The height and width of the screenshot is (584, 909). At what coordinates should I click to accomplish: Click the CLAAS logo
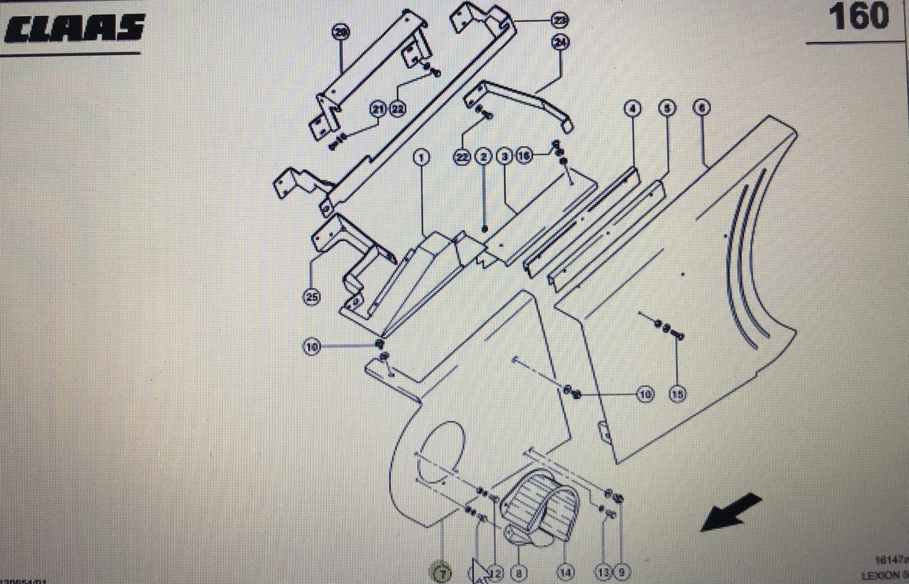[x=73, y=29]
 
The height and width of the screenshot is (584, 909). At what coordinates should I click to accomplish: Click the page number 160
[x=859, y=17]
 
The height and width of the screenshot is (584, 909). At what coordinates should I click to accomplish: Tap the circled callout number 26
[x=341, y=31]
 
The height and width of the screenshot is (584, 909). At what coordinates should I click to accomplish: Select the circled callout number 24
[x=560, y=43]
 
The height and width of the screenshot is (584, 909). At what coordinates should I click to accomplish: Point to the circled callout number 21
[x=378, y=109]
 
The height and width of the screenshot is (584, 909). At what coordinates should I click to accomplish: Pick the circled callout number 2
[x=484, y=157]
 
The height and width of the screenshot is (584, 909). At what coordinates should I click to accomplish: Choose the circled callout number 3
[x=504, y=157]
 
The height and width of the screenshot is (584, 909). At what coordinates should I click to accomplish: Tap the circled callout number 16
[x=525, y=156]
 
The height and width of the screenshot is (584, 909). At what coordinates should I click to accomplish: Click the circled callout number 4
[x=632, y=108]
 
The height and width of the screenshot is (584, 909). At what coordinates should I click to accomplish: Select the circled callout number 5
[x=667, y=108]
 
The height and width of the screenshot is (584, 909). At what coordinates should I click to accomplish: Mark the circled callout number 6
[x=701, y=108]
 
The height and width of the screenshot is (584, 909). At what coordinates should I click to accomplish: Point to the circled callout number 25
[x=312, y=297]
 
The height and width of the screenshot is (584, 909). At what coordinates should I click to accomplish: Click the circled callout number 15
[x=677, y=394]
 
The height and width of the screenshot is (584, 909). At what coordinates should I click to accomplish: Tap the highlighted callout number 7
[x=441, y=574]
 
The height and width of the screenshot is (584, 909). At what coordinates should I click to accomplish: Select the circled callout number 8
[x=518, y=574]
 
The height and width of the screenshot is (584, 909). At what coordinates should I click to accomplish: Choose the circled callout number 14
[x=565, y=574]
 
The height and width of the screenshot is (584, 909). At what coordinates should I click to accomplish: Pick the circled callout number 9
[x=622, y=574]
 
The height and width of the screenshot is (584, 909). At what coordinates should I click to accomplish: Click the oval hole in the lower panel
[x=442, y=454]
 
